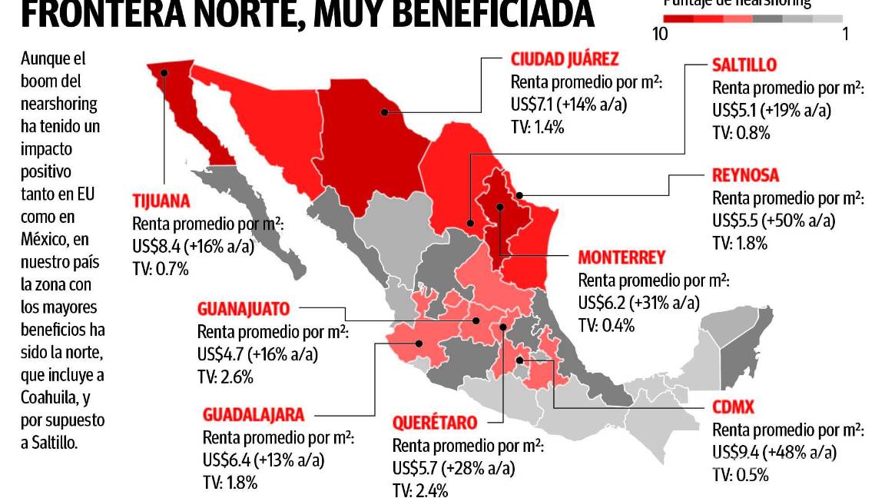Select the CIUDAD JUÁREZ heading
coord(564,59)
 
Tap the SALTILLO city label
coord(744,65)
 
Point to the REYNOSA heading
coord(745,175)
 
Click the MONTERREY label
coord(621,257)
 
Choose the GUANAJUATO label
coord(244,310)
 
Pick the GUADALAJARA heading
coord(254,414)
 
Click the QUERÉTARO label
coord(435,423)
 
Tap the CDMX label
coord(733,407)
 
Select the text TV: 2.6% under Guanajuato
coord(225,377)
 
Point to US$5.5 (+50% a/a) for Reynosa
coord(773,221)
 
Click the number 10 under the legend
coord(658,34)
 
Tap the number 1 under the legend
coord(845,34)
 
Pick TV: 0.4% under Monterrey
coord(606,324)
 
